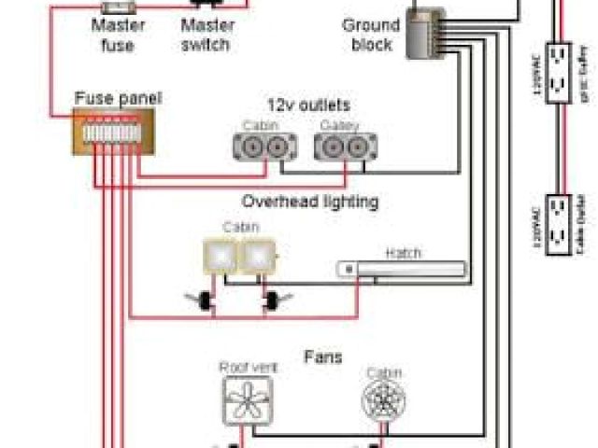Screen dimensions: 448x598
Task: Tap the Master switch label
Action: click(207, 35)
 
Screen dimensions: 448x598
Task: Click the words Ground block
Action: click(370, 35)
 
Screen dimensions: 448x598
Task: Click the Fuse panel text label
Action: click(117, 97)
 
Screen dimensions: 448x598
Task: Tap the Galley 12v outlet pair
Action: click(346, 146)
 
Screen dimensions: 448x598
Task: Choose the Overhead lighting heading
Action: click(309, 201)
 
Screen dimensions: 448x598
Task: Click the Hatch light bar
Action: click(402, 270)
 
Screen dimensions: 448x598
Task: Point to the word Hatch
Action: click(403, 253)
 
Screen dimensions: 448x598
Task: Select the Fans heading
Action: click(322, 357)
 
